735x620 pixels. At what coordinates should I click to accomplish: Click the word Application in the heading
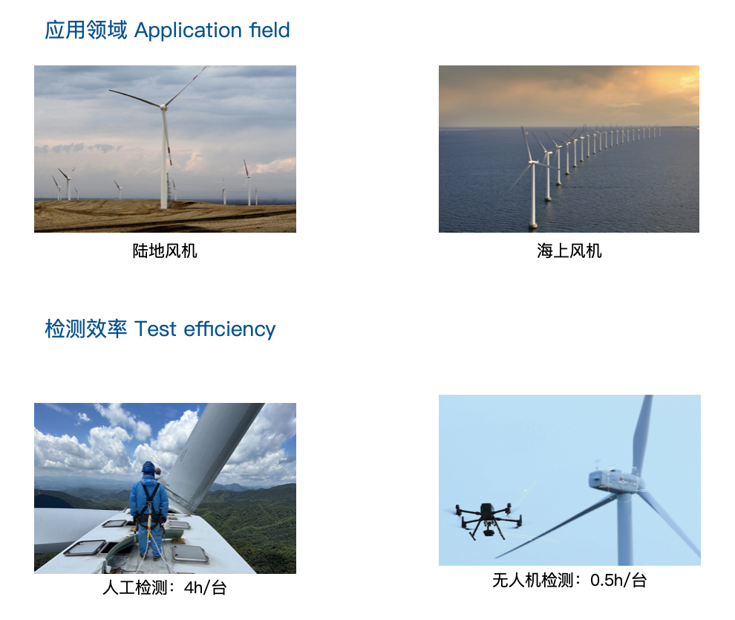[188, 30]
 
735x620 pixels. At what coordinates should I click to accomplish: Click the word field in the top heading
[269, 30]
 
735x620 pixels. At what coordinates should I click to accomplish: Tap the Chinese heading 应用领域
[86, 30]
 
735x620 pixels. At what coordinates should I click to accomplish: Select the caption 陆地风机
[165, 251]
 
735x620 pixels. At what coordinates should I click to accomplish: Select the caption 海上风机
[569, 251]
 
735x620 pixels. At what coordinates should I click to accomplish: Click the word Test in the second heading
[155, 329]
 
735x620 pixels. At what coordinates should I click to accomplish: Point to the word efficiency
[229, 329]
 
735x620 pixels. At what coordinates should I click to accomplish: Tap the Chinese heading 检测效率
[86, 329]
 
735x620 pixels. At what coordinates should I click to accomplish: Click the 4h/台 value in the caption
[206, 587]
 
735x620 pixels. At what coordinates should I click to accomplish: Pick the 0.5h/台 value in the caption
[618, 580]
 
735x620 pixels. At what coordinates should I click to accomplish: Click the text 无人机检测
[533, 580]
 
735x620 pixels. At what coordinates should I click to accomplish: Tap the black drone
[489, 519]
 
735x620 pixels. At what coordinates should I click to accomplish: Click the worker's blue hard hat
[148, 467]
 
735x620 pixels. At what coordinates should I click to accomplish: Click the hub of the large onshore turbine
[163, 107]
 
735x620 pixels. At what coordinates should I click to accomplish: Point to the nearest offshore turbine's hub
[532, 162]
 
